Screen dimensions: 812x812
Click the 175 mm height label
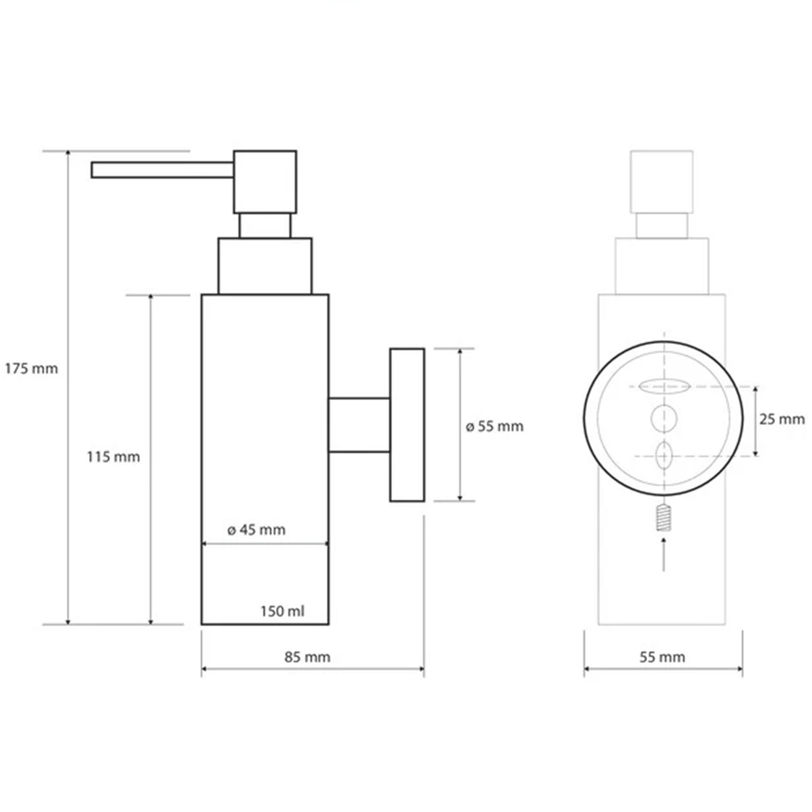(32, 369)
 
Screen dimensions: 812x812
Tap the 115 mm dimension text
(114, 457)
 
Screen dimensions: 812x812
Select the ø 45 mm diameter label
(256, 530)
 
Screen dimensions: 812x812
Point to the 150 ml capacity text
(283, 611)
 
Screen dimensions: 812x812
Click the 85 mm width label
(307, 657)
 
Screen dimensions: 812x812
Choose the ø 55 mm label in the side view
(495, 427)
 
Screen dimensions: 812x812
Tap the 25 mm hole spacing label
(782, 419)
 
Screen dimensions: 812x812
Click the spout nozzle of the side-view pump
(163, 170)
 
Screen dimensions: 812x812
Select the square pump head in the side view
(265, 181)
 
